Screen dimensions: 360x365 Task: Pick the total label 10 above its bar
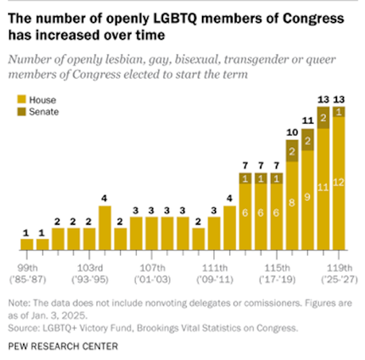[x=293, y=130]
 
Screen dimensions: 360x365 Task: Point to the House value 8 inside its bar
[x=293, y=203]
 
